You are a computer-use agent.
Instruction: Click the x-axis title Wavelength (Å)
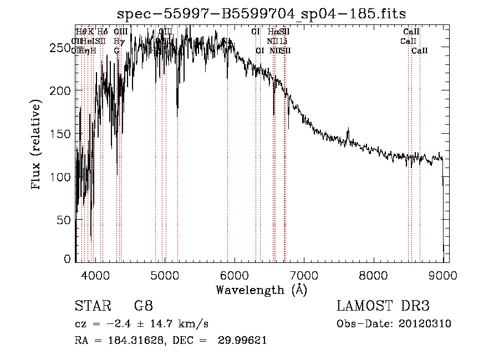click(x=262, y=290)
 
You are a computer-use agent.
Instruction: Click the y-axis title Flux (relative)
click(x=37, y=145)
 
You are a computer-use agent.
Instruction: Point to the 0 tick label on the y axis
click(x=67, y=258)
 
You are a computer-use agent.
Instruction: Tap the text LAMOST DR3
click(x=383, y=306)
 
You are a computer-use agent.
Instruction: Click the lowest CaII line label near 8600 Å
click(x=420, y=50)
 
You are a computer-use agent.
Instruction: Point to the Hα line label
click(x=273, y=32)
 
